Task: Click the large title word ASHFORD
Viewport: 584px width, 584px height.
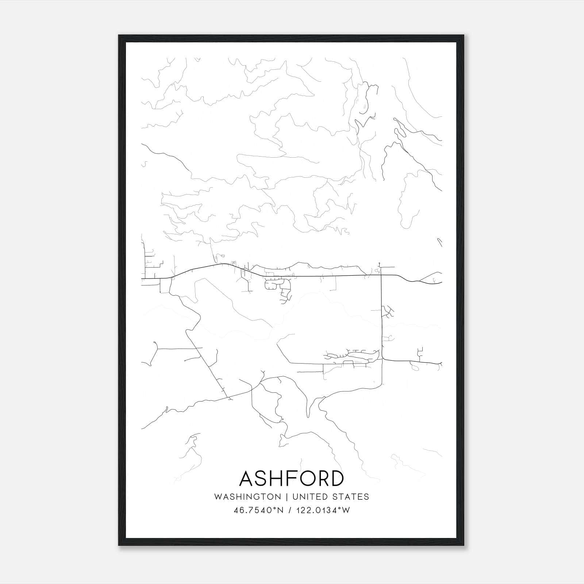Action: click(292, 478)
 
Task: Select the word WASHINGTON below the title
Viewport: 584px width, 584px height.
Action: click(248, 497)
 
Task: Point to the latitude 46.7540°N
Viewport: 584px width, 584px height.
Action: click(258, 510)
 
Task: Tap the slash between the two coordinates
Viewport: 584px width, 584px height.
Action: click(289, 510)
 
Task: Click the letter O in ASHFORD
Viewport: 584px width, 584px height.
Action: click(303, 478)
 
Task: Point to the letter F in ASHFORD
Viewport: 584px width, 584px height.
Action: click(287, 478)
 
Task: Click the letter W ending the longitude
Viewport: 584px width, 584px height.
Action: click(346, 510)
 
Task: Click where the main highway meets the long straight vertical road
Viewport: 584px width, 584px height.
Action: click(381, 275)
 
